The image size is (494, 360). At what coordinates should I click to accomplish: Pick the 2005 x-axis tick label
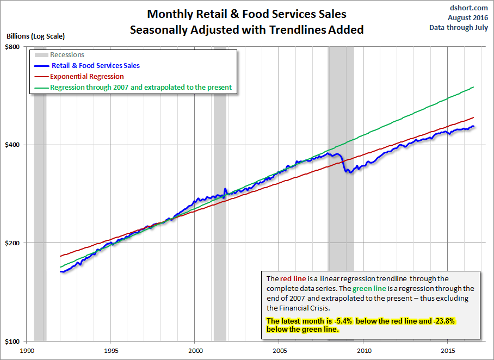tap(279, 350)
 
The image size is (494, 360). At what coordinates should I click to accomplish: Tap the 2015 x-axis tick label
tap(448, 350)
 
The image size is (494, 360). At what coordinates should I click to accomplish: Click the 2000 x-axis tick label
tap(195, 350)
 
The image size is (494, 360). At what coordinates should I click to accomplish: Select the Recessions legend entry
tap(67, 55)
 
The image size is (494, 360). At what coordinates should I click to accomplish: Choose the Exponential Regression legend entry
tap(87, 77)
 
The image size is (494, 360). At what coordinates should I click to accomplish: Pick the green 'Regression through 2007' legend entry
tap(141, 88)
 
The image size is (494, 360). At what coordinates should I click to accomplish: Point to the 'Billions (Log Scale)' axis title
tap(35, 36)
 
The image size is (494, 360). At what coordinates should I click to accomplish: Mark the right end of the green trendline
tap(474, 87)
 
